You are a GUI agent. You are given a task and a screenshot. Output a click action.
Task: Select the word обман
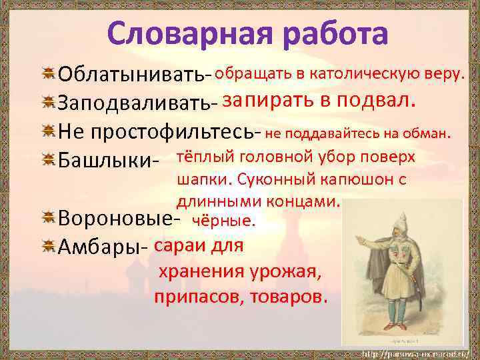(429, 134)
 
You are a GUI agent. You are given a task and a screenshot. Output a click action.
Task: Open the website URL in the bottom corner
(417, 352)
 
